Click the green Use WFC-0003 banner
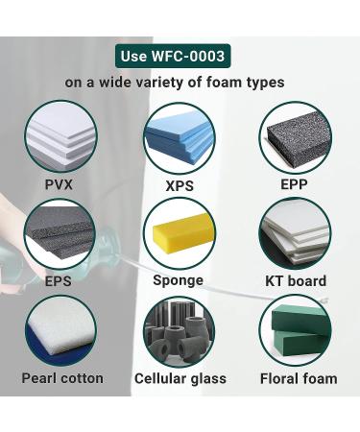pos(180,56)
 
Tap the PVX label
pos(60,183)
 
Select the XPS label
pos(179,184)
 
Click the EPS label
pos(60,281)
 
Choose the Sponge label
pos(179,281)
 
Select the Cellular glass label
pos(180,377)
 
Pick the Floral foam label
pos(299,377)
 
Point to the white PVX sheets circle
pos(60,136)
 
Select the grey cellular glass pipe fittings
pos(179,331)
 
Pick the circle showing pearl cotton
pos(60,331)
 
